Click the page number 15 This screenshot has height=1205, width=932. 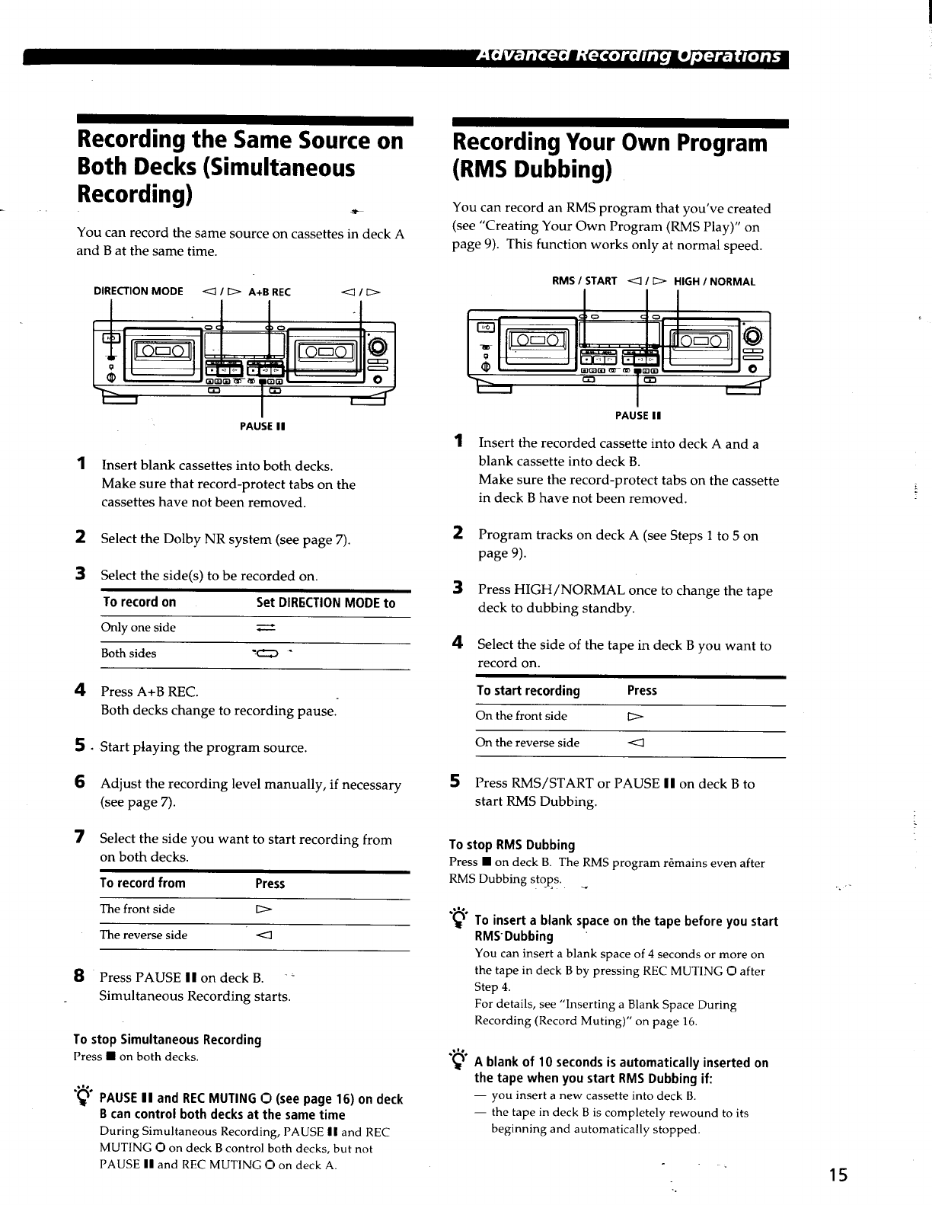(x=838, y=1175)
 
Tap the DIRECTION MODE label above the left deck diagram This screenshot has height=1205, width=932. (x=138, y=291)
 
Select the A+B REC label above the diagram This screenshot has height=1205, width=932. (x=270, y=292)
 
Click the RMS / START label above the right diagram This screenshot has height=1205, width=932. (x=584, y=280)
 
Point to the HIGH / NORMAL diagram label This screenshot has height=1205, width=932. (x=714, y=281)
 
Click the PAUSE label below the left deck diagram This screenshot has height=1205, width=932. (x=262, y=426)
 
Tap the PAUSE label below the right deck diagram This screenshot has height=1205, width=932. (x=638, y=415)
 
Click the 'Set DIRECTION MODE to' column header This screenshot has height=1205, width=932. (x=325, y=602)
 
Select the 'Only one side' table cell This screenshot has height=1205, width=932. (x=138, y=627)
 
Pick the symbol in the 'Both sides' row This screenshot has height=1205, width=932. (x=266, y=654)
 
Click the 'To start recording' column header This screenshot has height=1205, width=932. (x=528, y=690)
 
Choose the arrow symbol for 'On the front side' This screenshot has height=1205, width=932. (x=635, y=717)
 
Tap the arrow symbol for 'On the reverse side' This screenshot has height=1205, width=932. (x=636, y=743)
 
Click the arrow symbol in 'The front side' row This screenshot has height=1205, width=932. (x=263, y=909)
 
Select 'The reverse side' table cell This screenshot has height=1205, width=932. (x=143, y=935)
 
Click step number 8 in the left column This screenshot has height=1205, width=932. (x=79, y=976)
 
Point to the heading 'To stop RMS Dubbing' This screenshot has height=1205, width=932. (x=512, y=845)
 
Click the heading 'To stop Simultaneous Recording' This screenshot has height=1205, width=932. (x=168, y=1039)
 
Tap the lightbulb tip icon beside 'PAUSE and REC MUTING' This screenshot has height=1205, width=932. (x=83, y=1095)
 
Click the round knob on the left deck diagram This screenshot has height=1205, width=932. (x=378, y=347)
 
